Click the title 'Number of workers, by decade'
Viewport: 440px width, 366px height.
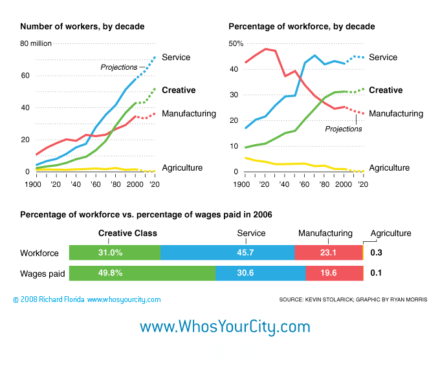pyautogui.click(x=82, y=27)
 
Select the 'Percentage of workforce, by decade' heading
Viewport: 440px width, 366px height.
pyautogui.click(x=302, y=27)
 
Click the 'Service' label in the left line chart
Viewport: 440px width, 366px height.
pyautogui.click(x=176, y=57)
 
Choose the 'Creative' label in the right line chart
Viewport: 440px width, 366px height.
pyautogui.click(x=386, y=91)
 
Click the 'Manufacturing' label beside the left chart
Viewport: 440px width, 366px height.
pyautogui.click(x=188, y=114)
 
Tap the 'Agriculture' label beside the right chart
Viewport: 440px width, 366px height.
pyautogui.click(x=389, y=167)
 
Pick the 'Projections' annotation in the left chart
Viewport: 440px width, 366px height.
pyautogui.click(x=118, y=67)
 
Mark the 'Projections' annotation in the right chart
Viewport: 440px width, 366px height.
pyautogui.click(x=344, y=129)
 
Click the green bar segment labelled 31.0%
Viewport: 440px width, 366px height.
pyautogui.click(x=115, y=253)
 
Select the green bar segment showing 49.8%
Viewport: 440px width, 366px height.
pyautogui.click(x=142, y=273)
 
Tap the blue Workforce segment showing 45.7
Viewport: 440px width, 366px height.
pyautogui.click(x=227, y=253)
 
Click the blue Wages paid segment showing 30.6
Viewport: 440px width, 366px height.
pyautogui.click(x=261, y=273)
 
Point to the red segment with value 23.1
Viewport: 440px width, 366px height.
pyautogui.click(x=329, y=253)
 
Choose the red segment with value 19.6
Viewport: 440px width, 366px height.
pyautogui.click(x=334, y=273)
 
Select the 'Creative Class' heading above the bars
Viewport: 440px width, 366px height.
pyautogui.click(x=127, y=233)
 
